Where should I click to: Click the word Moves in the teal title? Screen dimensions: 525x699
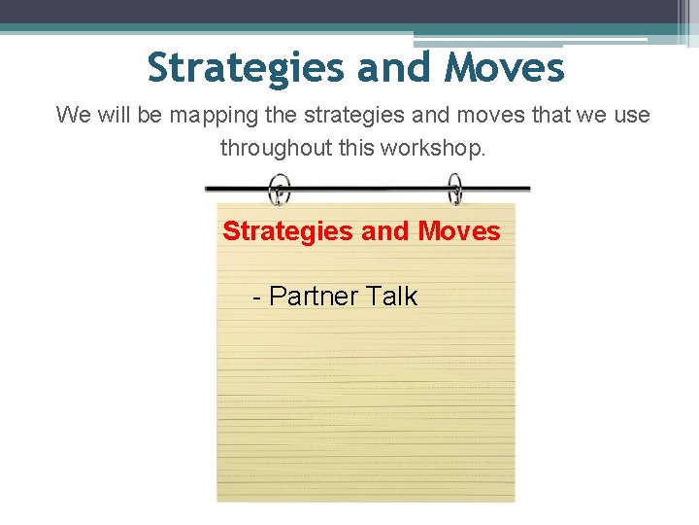click(x=504, y=68)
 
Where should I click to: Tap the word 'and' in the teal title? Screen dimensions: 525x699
click(x=393, y=68)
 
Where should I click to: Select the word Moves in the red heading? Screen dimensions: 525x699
click(x=459, y=231)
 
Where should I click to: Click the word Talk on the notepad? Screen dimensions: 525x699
click(x=391, y=297)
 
